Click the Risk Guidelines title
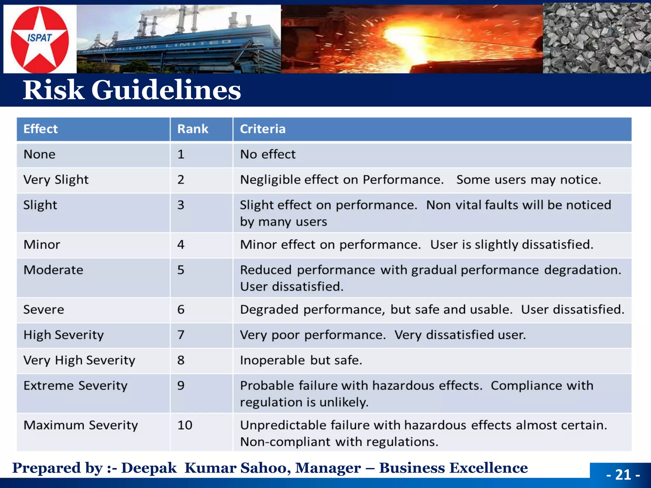point(132,90)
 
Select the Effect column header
point(41,129)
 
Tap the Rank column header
point(193,129)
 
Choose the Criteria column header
point(263,129)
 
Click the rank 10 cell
point(185,425)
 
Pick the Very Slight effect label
point(56,180)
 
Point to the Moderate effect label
point(53,270)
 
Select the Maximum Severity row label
point(81,425)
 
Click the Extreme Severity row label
point(75,386)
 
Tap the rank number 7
point(181,335)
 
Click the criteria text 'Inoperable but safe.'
point(301,360)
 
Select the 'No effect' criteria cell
point(268,154)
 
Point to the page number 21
point(623,475)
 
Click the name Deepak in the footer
point(149,468)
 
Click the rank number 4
point(181,245)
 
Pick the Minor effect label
point(42,245)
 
